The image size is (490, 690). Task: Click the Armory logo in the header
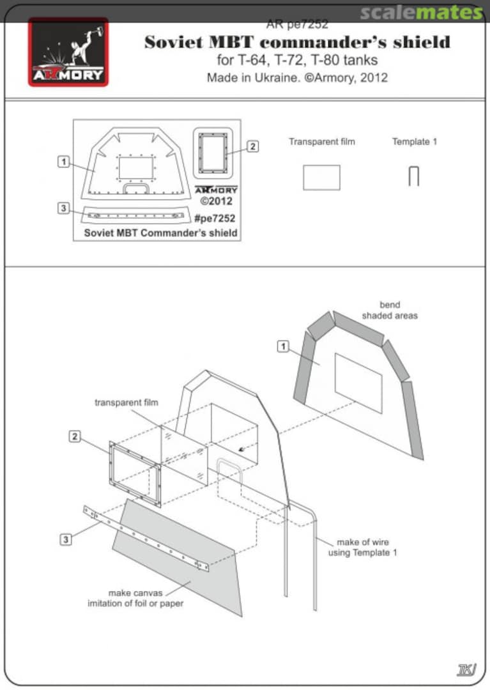68,52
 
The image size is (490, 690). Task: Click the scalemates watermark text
421,12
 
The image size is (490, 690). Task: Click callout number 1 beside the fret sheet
63,162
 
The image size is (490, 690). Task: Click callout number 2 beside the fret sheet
253,146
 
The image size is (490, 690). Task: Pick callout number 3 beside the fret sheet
63,208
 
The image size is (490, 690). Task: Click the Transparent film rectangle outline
321,177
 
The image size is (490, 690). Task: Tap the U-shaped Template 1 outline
413,176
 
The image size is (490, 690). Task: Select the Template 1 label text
414,141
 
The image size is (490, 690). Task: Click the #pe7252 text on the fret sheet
214,218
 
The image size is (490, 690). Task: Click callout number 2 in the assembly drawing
75,436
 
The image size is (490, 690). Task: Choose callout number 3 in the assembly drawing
66,539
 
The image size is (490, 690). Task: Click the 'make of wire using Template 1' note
362,548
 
